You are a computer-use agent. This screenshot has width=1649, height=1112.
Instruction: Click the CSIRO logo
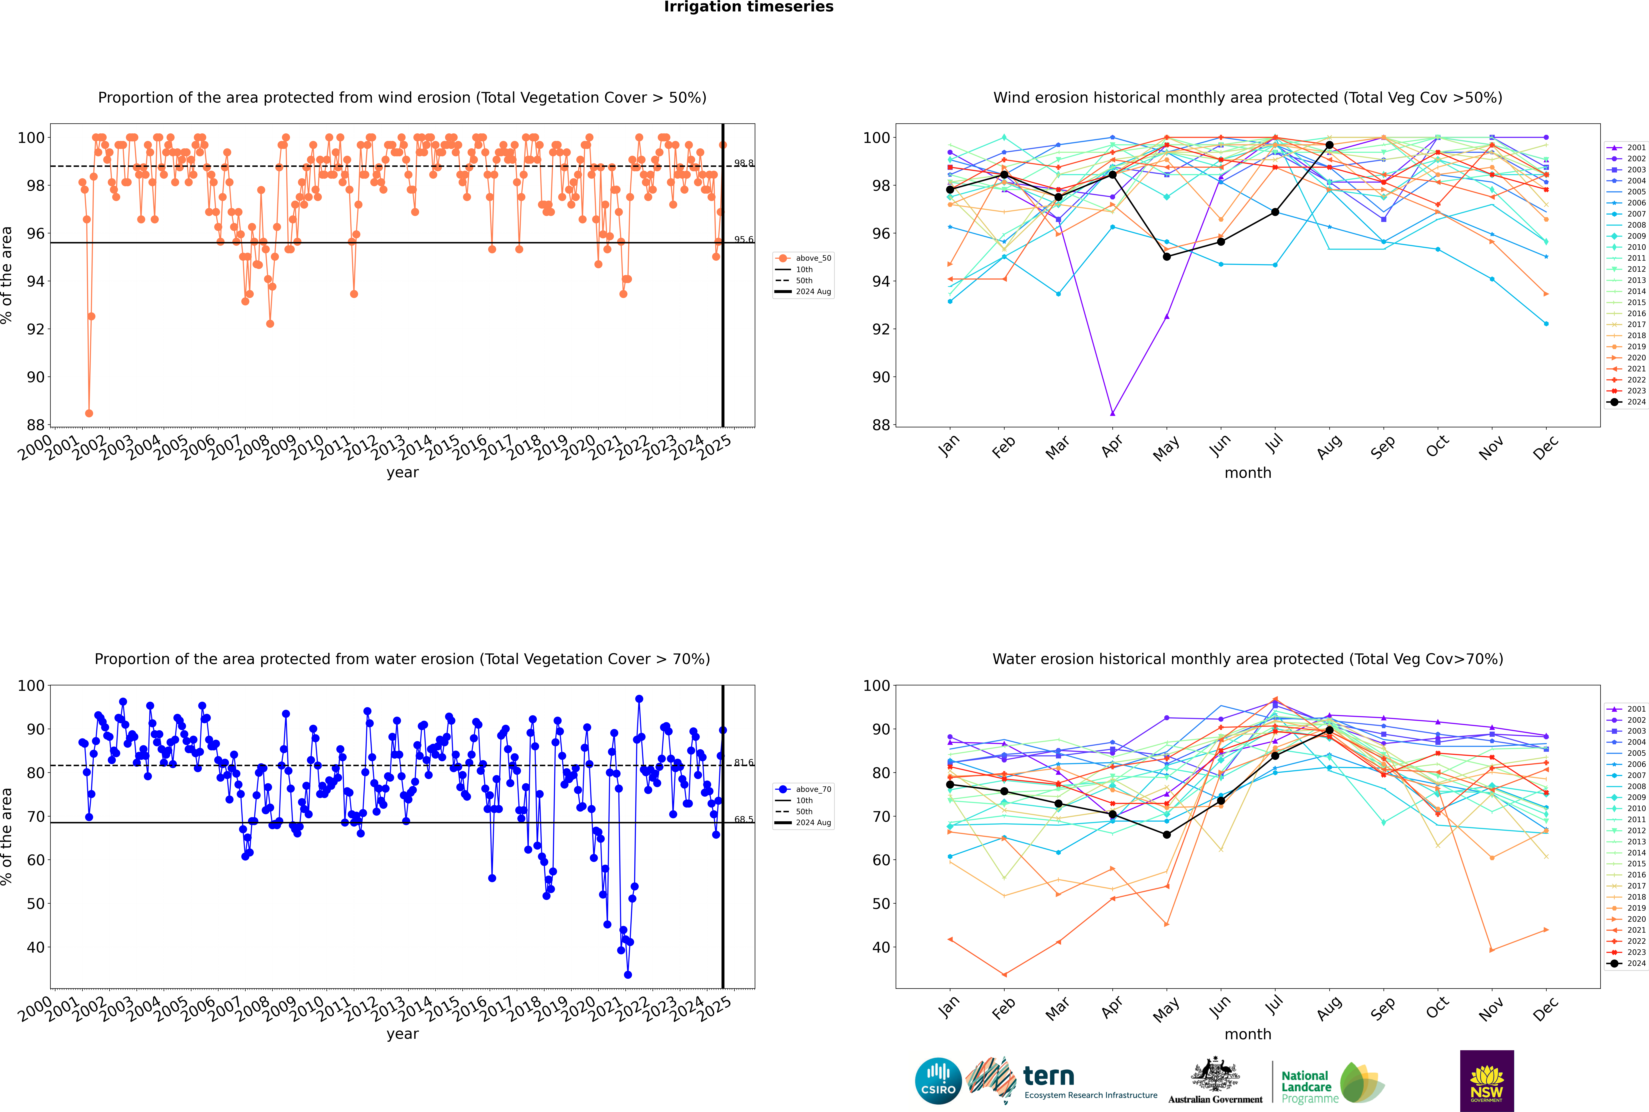tap(938, 1081)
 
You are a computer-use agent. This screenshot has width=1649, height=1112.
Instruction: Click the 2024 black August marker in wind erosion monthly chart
tap(1329, 145)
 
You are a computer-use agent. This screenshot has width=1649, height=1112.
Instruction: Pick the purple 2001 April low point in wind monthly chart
tap(1112, 413)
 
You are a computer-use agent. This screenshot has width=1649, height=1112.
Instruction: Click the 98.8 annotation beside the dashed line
tap(743, 163)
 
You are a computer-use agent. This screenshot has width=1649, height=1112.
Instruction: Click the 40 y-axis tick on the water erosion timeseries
tap(35, 947)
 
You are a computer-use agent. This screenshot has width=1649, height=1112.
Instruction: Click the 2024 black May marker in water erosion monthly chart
tap(1166, 835)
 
